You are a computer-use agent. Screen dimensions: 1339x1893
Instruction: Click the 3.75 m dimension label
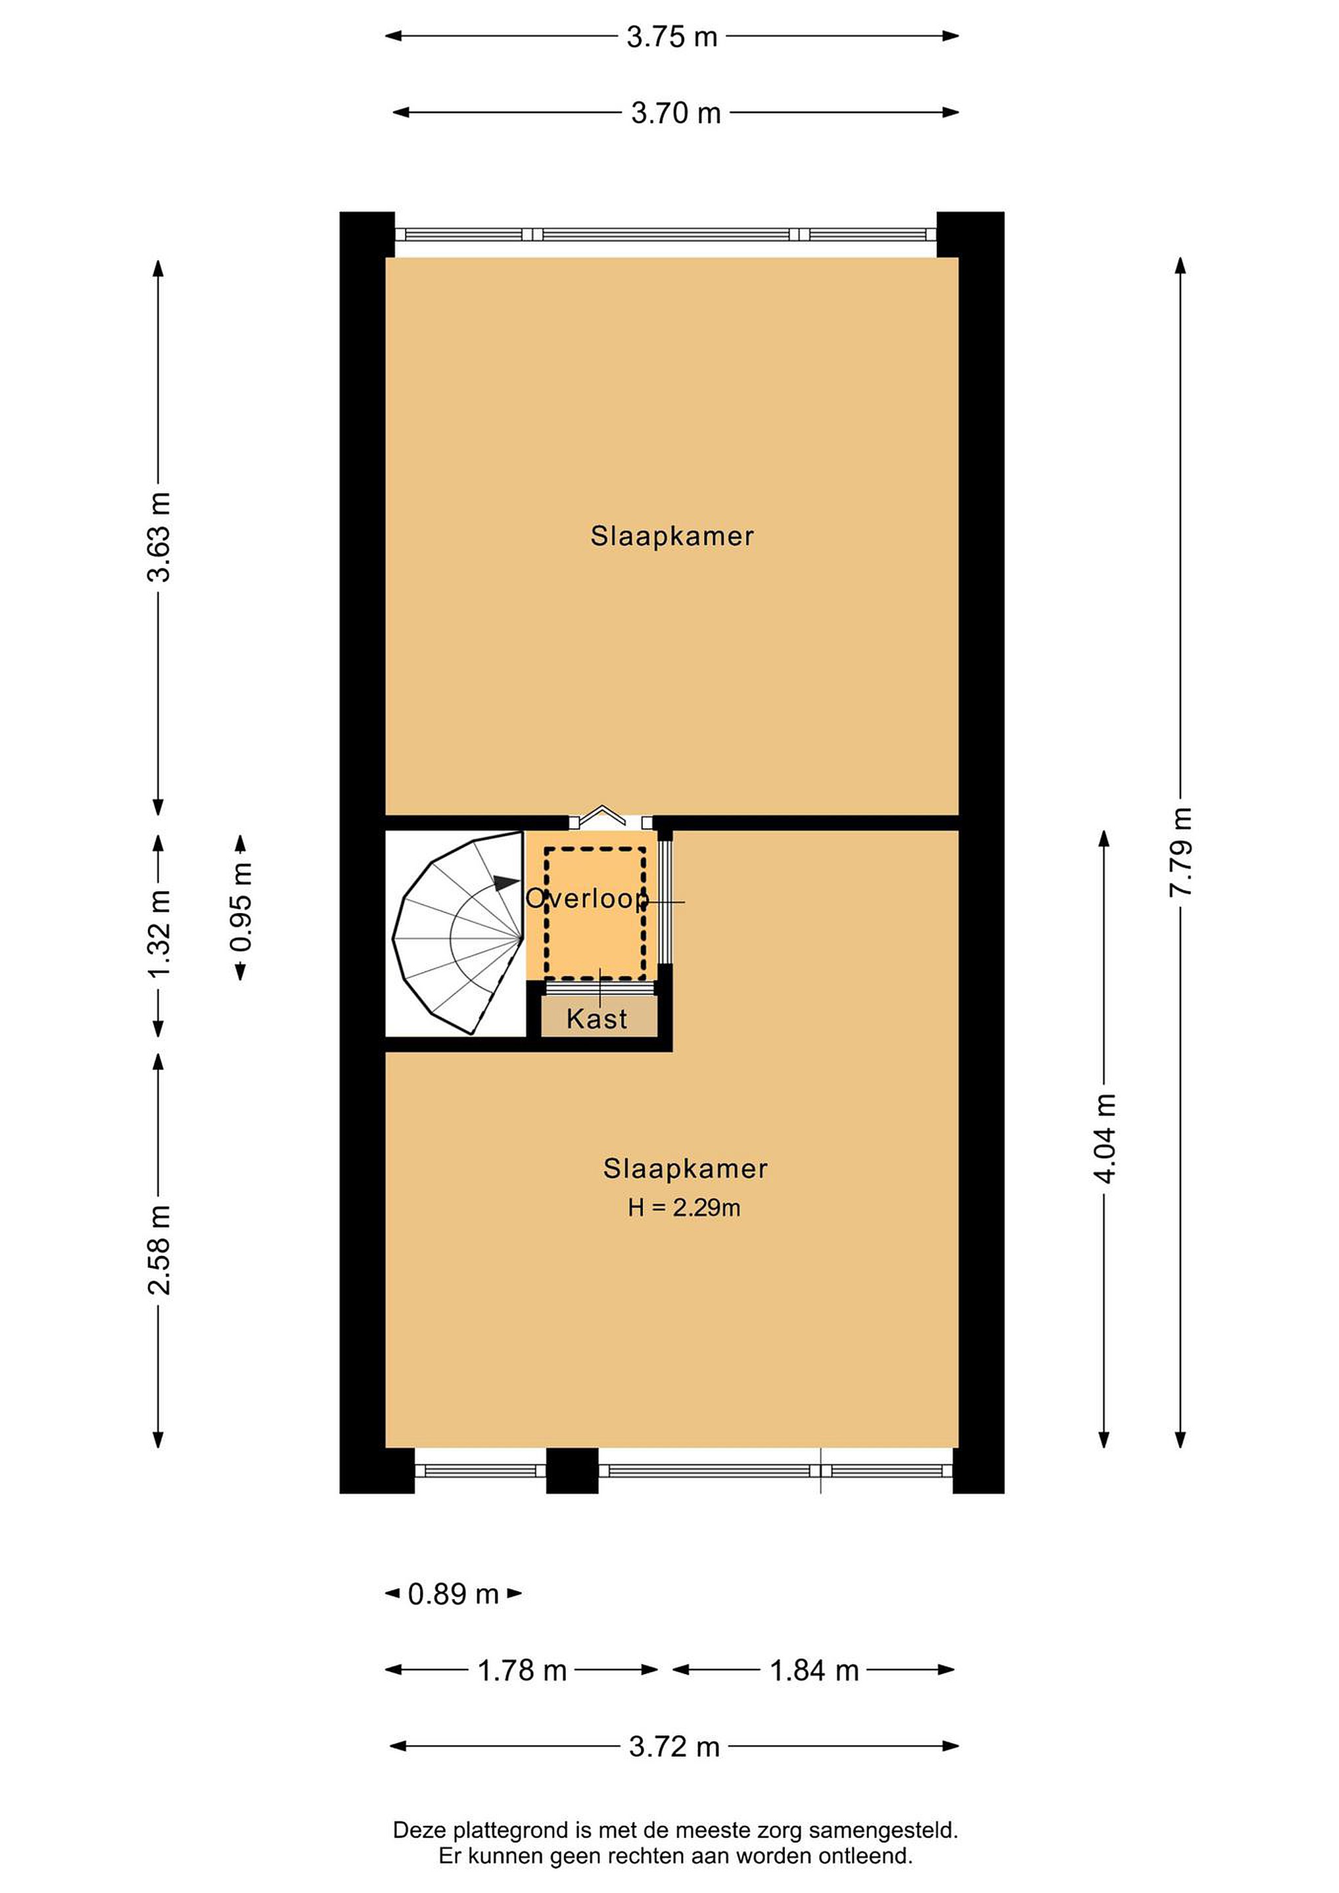click(x=672, y=37)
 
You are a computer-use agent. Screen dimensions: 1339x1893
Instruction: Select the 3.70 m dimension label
click(x=676, y=113)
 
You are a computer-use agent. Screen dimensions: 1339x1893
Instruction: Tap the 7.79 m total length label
click(x=1181, y=852)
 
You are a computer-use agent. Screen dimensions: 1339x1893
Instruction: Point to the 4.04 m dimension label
click(x=1105, y=1138)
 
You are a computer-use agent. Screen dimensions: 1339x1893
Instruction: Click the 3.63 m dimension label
click(x=159, y=537)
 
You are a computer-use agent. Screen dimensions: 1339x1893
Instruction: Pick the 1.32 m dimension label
click(x=159, y=933)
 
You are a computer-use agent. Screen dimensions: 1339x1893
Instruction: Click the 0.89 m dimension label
click(x=454, y=1594)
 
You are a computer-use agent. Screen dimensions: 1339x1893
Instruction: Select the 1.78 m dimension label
click(x=523, y=1670)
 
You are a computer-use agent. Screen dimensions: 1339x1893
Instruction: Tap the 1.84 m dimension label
click(x=814, y=1670)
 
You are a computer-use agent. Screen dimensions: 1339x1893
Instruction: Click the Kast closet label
click(x=597, y=1019)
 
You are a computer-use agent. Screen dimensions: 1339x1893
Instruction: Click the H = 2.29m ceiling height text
click(x=684, y=1208)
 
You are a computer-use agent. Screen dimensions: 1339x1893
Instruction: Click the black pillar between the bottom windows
click(x=572, y=1471)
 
